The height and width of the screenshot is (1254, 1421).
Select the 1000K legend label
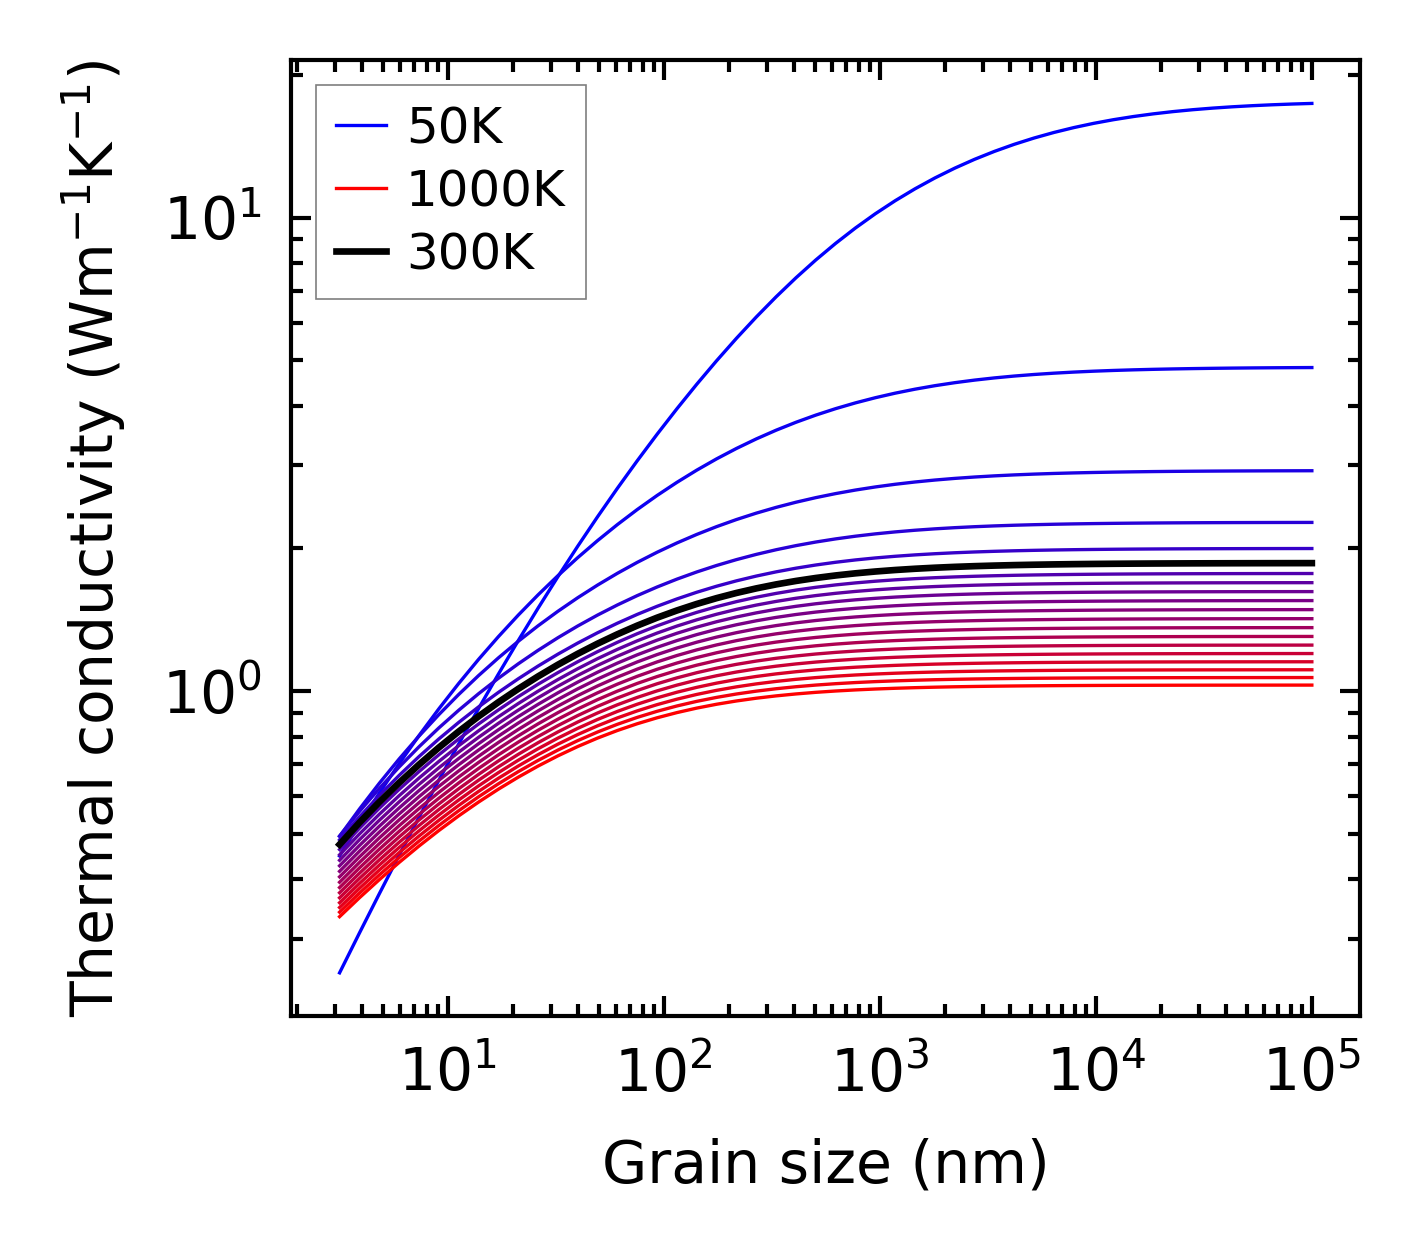tap(486, 189)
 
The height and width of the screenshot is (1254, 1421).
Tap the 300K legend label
tap(471, 253)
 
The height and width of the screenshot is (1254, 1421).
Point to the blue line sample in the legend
tap(360, 126)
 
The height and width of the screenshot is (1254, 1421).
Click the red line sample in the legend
tap(360, 189)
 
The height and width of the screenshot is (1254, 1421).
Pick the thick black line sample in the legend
tap(360, 253)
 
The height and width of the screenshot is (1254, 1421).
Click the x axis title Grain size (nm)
tap(825, 1164)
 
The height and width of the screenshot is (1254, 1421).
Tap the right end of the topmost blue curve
tap(1312, 103)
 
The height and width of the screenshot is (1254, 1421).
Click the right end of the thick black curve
tap(1312, 563)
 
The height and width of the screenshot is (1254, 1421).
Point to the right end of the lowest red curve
tap(1312, 685)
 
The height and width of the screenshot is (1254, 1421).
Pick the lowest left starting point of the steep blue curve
tap(340, 973)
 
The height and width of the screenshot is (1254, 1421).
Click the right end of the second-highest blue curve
tap(1312, 367)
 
